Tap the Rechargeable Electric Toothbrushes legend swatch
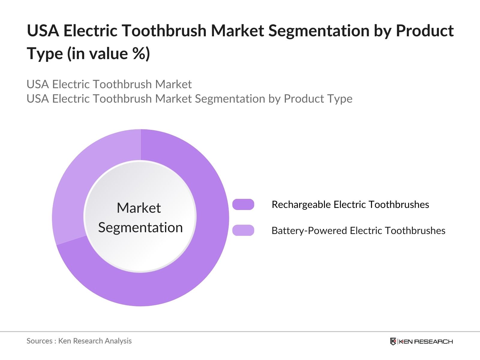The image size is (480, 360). [243, 205]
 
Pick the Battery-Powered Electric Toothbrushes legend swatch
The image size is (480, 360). [243, 230]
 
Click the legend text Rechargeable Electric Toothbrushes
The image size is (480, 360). [350, 205]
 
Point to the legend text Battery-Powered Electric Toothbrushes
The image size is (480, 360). [358, 231]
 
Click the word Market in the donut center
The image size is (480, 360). [139, 208]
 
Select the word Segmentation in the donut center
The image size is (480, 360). [140, 227]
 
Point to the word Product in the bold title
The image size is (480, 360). [425, 31]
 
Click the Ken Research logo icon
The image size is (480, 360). [393, 341]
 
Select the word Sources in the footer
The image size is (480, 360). [39, 341]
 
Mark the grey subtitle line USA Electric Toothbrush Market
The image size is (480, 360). [109, 84]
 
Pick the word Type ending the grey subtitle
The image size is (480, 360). [340, 99]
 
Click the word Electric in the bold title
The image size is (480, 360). [90, 31]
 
